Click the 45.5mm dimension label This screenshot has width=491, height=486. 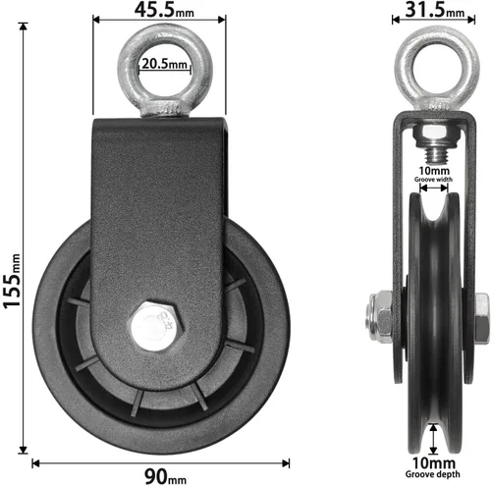(x=164, y=10)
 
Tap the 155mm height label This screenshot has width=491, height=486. (x=12, y=281)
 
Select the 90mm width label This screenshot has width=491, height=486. (x=165, y=476)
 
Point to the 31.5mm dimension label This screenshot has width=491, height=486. (x=435, y=10)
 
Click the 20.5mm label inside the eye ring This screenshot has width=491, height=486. (x=165, y=64)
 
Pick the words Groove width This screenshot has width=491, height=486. (x=433, y=180)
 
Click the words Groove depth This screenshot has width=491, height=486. (x=432, y=474)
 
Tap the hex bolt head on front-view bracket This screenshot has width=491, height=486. (x=155, y=326)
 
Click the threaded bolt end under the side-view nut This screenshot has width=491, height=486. (x=434, y=155)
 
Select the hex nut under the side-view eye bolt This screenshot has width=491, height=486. (x=433, y=136)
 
